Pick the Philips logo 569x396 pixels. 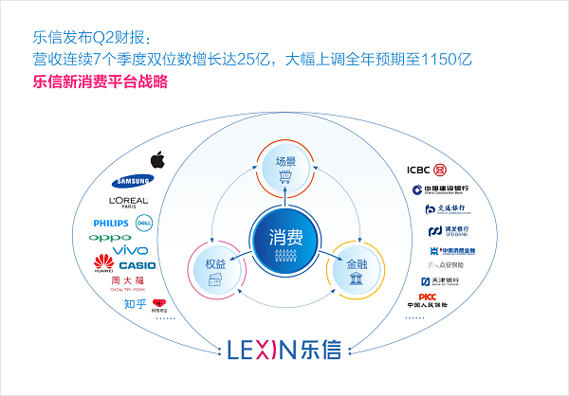111,224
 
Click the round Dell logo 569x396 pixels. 145,224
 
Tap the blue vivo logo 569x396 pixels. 130,249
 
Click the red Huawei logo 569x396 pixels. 102,262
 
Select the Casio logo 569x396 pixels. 138,265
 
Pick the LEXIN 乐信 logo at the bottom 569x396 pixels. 285,349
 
